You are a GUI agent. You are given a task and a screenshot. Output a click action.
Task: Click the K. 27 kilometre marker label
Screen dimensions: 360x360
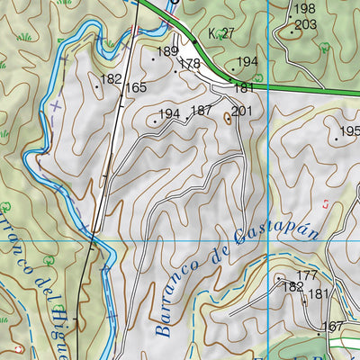pos(220,33)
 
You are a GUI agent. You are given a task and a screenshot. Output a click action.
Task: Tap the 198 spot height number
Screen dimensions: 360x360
pos(305,9)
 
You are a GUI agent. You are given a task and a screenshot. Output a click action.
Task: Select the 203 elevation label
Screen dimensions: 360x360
pos(306,24)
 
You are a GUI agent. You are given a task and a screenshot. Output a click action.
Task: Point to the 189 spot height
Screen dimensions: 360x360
pos(168,52)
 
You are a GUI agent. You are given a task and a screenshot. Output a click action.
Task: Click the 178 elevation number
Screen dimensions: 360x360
pos(189,64)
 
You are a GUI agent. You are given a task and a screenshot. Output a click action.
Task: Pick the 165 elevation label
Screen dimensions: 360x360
pos(136,87)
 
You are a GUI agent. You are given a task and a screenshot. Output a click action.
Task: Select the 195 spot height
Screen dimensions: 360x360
pos(349,131)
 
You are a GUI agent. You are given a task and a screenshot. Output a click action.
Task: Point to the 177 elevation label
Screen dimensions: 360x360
pos(307,275)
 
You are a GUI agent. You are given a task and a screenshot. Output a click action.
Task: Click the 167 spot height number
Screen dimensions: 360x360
pos(333,326)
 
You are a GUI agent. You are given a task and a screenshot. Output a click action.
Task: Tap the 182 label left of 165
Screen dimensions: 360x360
pos(111,79)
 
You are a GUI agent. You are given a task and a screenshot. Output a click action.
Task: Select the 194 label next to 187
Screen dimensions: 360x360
pos(169,114)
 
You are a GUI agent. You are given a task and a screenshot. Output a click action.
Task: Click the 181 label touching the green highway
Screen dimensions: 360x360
pos(243,88)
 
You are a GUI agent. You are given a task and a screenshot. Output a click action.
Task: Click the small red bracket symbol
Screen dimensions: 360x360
pos(326,204)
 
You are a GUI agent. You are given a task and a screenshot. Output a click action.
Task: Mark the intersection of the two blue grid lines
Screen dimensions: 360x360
pos(269,241)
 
